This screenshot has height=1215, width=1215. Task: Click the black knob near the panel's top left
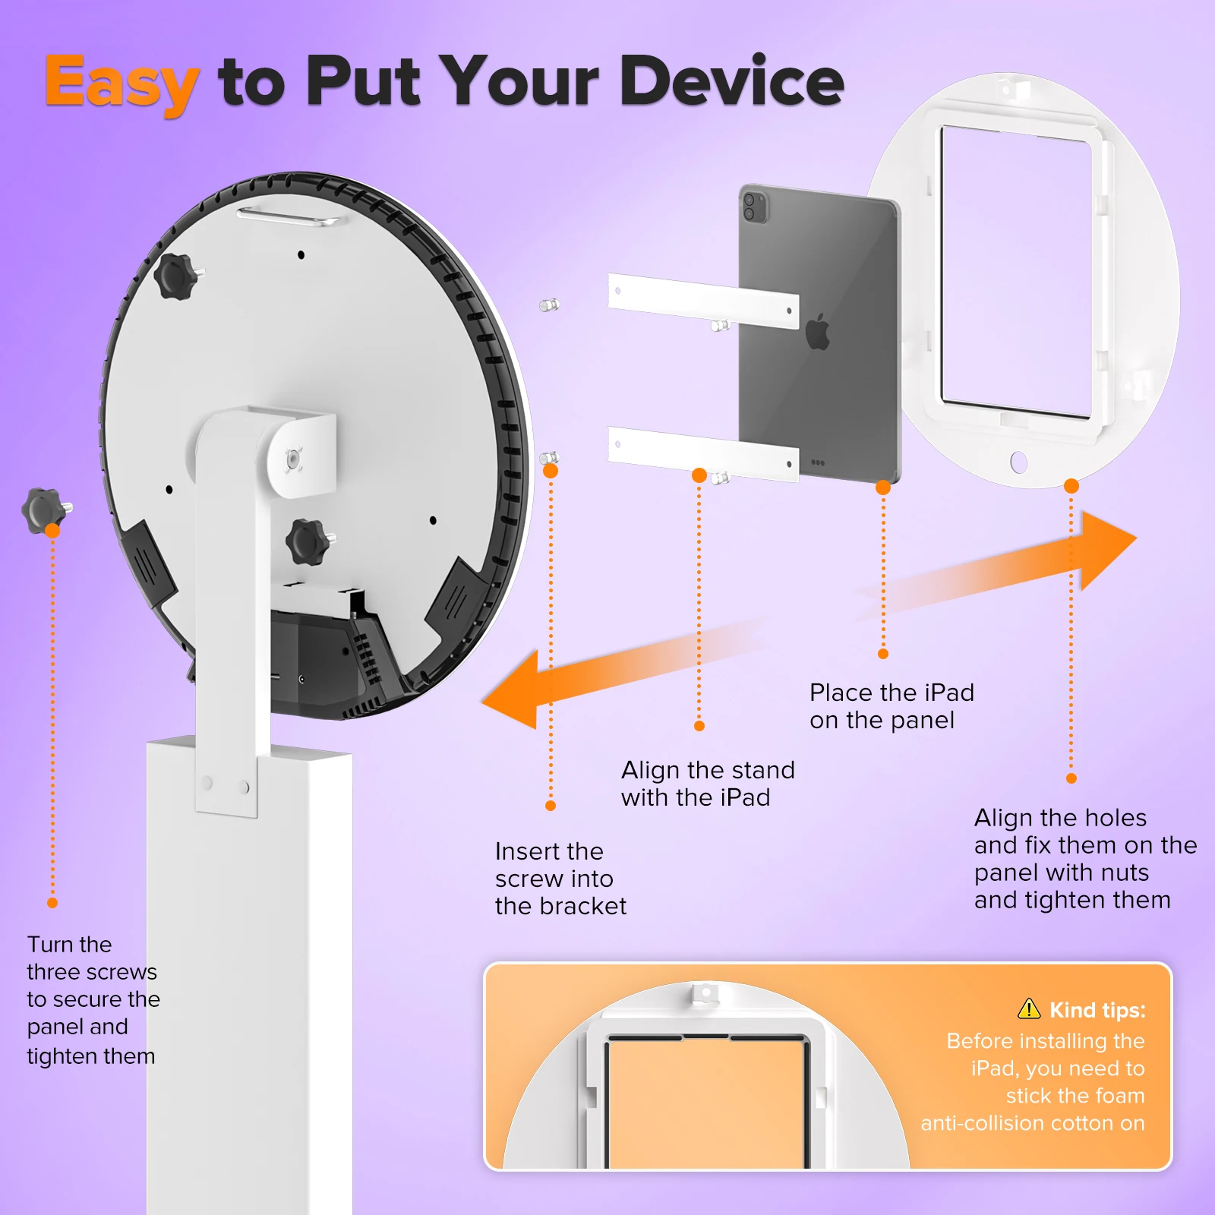176,276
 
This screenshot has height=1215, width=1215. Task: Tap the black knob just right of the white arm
308,541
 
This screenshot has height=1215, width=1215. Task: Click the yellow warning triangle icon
1029,1008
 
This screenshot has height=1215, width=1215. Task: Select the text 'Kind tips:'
1097,1010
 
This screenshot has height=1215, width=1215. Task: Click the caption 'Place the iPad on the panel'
892,706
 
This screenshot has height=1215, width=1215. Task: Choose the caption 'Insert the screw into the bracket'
560,879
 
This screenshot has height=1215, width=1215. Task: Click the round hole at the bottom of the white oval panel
1019,462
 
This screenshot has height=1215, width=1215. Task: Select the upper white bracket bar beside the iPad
702,301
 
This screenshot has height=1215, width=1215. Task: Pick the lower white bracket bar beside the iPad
702,453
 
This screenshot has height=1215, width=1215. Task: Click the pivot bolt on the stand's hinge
293,459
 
